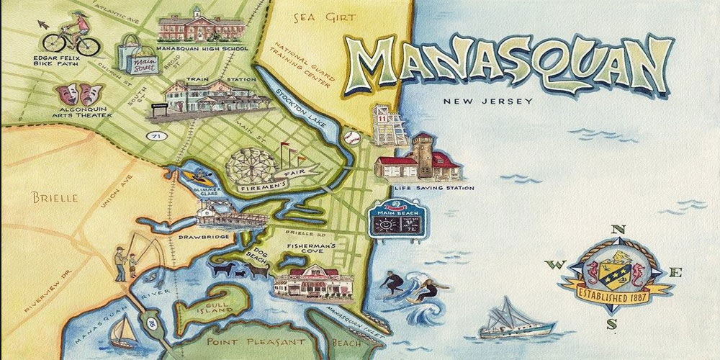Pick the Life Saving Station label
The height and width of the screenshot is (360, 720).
point(434,189)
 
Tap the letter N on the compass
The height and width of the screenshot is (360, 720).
point(617,230)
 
